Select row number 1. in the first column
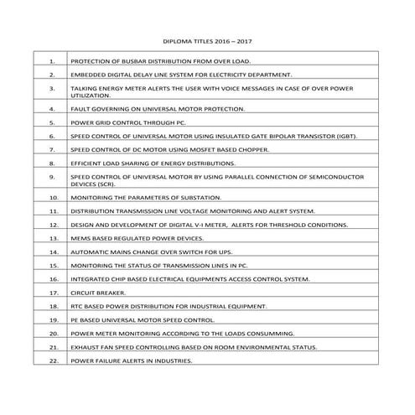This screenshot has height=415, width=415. click(x=53, y=61)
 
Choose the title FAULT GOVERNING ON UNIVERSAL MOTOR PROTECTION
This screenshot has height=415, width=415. click(x=158, y=108)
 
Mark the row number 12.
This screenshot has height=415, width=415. click(x=53, y=225)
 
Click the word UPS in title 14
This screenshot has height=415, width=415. click(x=237, y=252)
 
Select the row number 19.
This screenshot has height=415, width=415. click(x=53, y=319)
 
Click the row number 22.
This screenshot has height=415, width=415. click(x=53, y=361)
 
